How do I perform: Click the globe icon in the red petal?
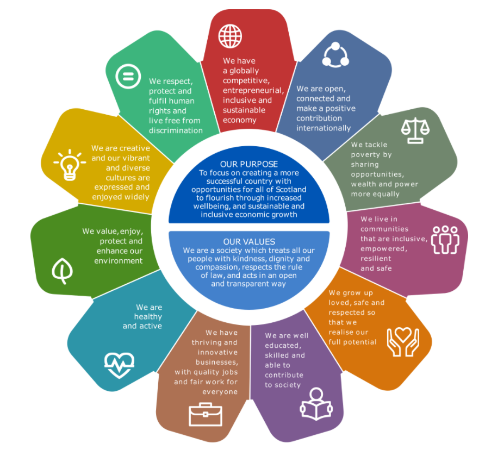tap(230, 36)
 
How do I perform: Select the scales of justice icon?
tap(415, 130)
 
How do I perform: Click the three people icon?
tap(446, 240)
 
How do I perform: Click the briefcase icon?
tap(205, 414)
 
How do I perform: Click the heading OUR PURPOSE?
tap(249, 164)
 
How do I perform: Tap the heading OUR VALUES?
tap(249, 241)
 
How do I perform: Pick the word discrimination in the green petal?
tap(176, 130)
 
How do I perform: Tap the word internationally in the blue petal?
tap(324, 128)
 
